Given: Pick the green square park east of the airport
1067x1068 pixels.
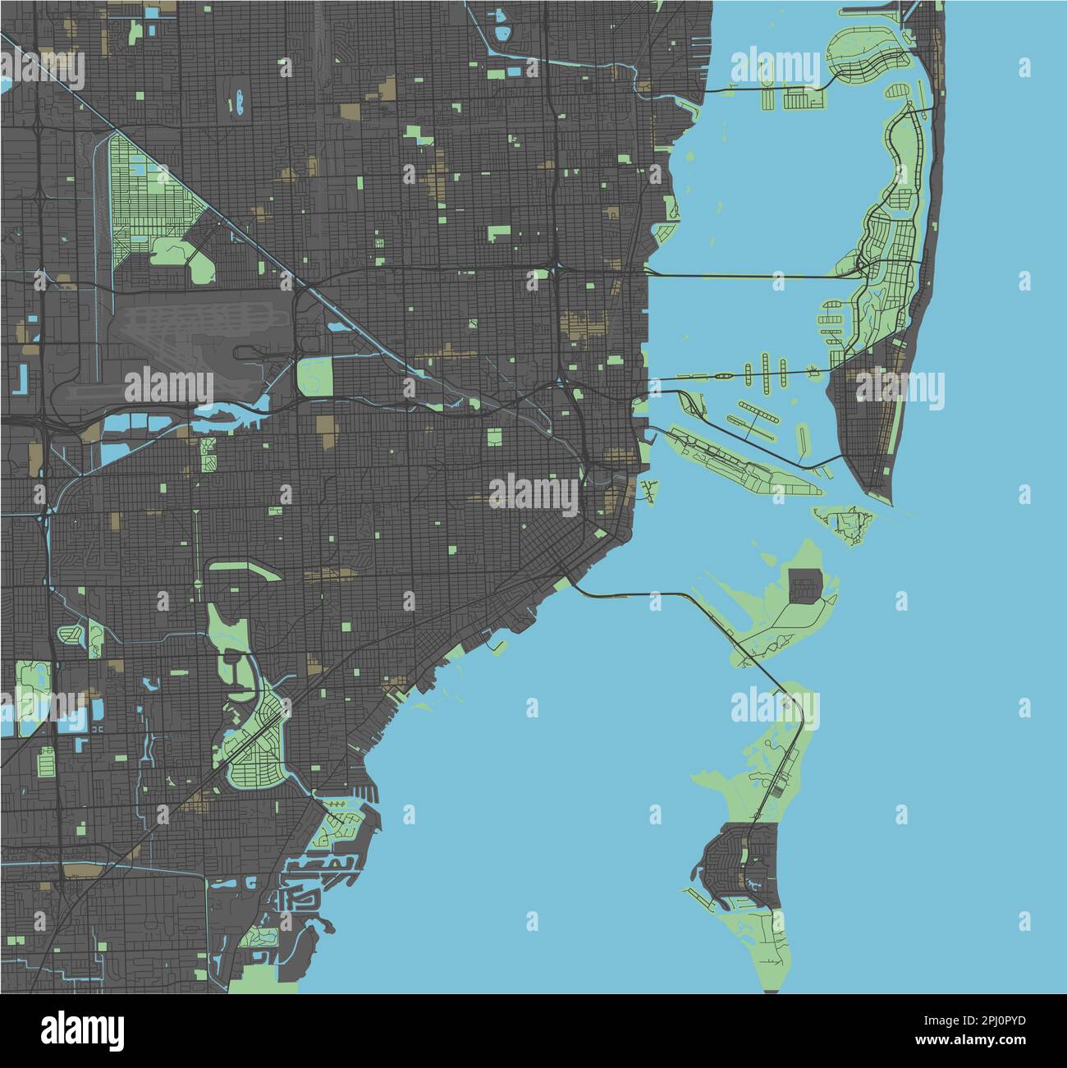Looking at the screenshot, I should (x=315, y=376).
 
